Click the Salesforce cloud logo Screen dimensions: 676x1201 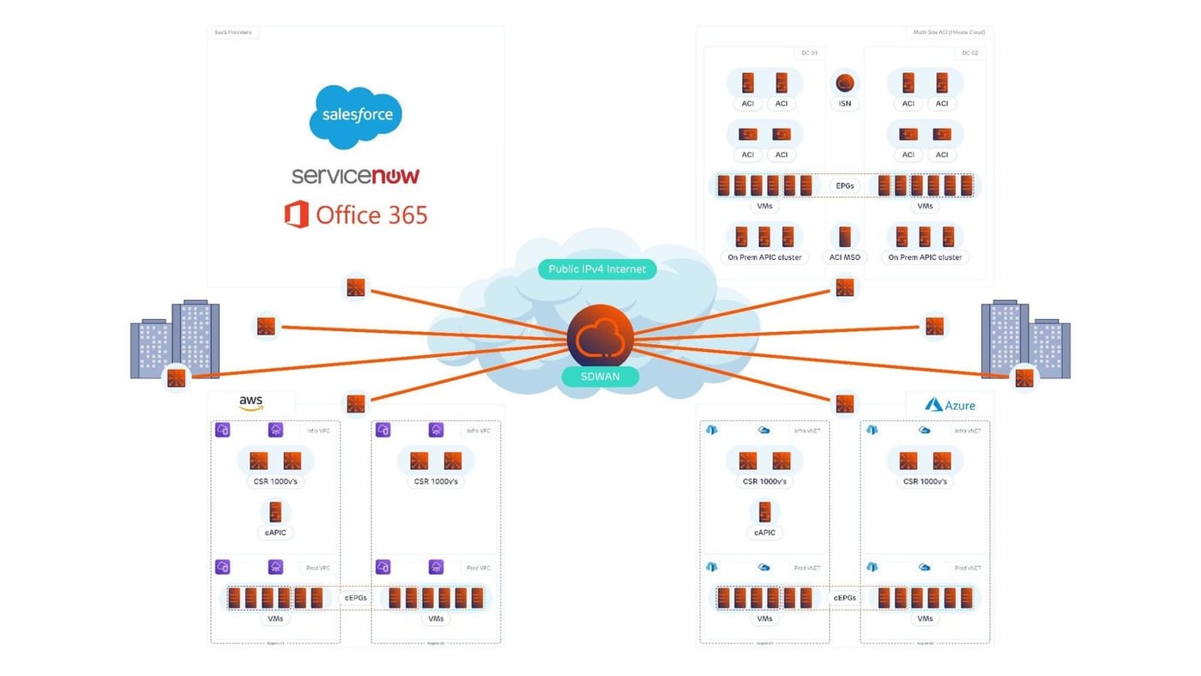click(355, 116)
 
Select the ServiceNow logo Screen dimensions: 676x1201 click(355, 176)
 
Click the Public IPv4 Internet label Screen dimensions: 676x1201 click(597, 269)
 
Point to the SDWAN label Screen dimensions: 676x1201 click(600, 377)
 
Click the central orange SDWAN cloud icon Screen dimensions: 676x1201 click(600, 336)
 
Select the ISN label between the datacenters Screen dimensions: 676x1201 click(845, 104)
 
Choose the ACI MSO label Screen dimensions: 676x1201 click(845, 257)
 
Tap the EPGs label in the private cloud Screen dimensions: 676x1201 click(845, 186)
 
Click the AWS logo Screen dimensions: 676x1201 click(251, 403)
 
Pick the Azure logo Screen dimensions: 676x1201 click(950, 405)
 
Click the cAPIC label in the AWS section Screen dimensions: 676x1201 click(275, 533)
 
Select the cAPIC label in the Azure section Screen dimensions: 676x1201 click(764, 533)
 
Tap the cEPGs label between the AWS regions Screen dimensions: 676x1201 click(356, 598)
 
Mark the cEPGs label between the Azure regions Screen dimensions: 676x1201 click(845, 598)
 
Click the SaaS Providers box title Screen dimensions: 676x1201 click(232, 33)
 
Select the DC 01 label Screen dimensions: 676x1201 click(809, 53)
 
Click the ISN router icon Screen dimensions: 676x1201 click(845, 83)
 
